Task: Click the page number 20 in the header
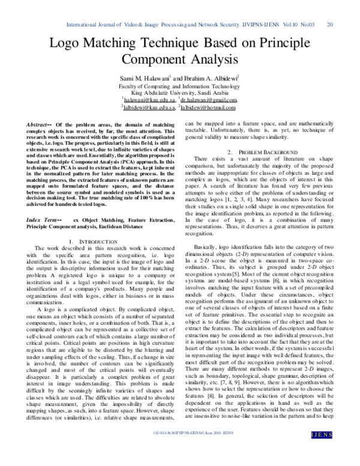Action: (x=329, y=24)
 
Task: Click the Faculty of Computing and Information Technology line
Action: (x=180, y=86)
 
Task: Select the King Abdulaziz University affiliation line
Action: (x=180, y=93)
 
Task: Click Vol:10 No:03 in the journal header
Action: (x=290, y=24)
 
